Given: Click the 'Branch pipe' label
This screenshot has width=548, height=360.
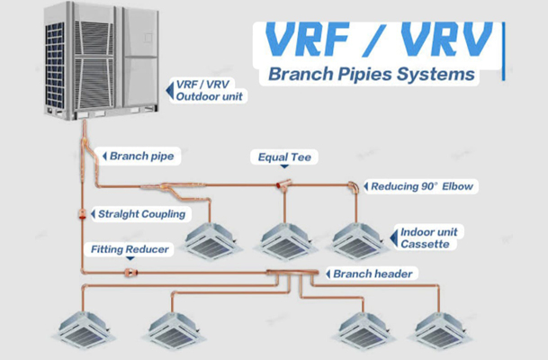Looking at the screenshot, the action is tap(141, 156).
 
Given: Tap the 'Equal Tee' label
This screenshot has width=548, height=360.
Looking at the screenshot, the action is tap(284, 157).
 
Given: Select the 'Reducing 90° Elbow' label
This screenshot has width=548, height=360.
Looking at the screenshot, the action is tap(422, 186).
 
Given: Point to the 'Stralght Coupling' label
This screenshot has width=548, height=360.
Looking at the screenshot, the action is tap(141, 214).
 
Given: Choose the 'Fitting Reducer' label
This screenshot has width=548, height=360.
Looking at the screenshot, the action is tap(130, 249).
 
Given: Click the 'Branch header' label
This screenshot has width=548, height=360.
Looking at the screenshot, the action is tap(373, 274).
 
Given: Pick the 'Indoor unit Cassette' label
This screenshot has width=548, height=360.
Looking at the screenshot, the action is tap(429, 238).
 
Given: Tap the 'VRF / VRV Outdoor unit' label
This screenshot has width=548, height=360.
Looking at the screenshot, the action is tap(209, 90).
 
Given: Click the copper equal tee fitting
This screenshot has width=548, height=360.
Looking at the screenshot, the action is tap(283, 184).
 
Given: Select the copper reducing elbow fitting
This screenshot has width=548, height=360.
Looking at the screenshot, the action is tap(354, 186).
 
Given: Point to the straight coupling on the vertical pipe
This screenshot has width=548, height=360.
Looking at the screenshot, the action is tap(83, 213).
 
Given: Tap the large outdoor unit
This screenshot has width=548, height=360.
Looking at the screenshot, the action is tap(102, 60).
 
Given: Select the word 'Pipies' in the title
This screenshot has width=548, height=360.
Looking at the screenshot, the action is tap(364, 75).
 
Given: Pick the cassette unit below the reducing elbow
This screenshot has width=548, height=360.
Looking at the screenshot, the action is tap(357, 241).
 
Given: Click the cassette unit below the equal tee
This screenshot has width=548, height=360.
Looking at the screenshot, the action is tap(286, 241).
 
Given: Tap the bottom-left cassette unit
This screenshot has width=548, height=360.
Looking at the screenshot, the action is tap(83, 330).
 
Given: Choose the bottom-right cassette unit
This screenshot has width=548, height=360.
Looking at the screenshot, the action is tap(440, 330).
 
